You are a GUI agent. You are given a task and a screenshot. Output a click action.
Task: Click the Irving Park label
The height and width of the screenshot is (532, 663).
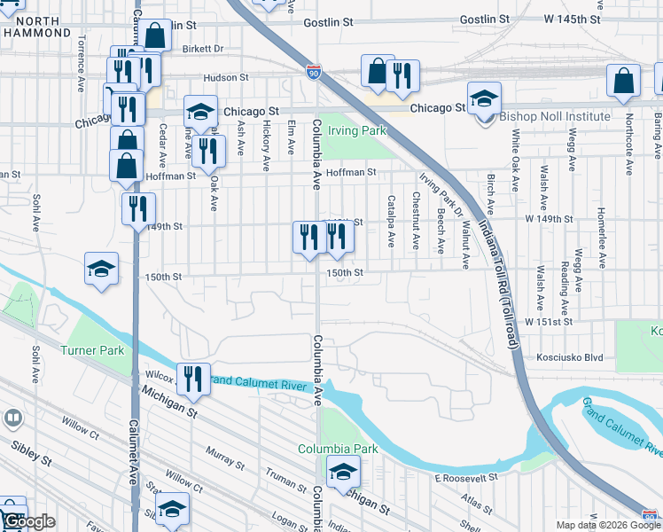point(357,131)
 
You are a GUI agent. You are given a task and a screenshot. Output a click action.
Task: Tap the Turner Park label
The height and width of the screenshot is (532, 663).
point(92,350)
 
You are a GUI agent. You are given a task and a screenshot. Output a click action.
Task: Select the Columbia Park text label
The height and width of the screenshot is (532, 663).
point(338,449)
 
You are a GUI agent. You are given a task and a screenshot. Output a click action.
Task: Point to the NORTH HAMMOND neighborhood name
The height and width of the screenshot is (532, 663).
point(36,26)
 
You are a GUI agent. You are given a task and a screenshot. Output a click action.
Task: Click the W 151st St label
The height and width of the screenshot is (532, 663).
point(555,323)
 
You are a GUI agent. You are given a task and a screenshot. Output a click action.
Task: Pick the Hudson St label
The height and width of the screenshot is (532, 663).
point(222,78)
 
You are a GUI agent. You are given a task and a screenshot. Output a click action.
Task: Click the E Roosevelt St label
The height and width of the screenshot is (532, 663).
point(463,478)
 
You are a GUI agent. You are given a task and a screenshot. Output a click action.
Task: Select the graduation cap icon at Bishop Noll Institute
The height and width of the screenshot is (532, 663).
point(484,98)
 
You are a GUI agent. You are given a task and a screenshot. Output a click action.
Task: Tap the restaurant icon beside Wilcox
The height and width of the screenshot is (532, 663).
point(192,379)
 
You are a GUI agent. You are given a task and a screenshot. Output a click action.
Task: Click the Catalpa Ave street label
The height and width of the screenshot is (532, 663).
point(390,222)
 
